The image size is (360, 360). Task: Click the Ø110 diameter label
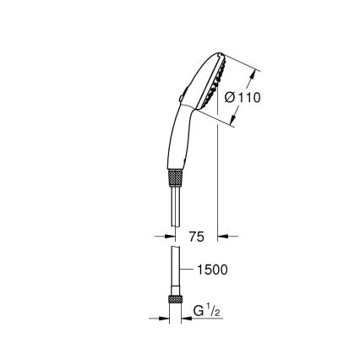click(243, 97)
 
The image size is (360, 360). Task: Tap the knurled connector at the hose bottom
click(177, 302)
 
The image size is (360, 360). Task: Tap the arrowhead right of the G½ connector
click(187, 319)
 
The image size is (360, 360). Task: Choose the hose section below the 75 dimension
click(177, 270)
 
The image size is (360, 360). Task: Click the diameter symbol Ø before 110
click(230, 97)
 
